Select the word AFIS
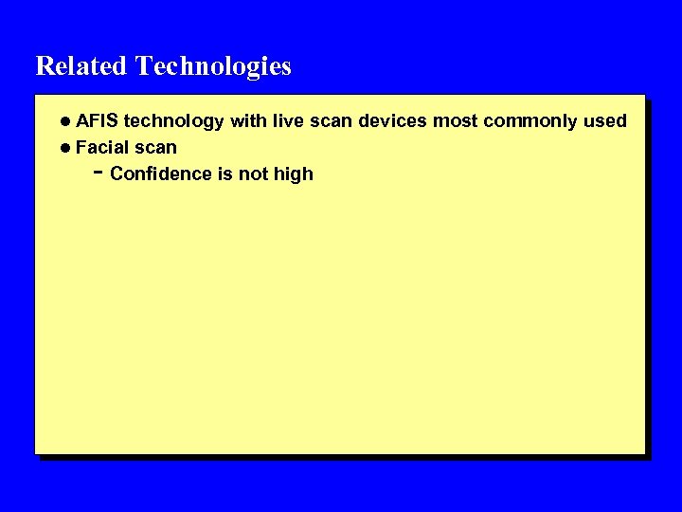coord(97,121)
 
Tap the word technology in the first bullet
coord(174,122)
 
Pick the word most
coord(456,121)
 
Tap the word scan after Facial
coord(155,148)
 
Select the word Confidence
coord(157,174)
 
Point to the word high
coord(294,175)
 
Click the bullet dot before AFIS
coord(64,121)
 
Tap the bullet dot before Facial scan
coord(64,148)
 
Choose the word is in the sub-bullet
coord(226,174)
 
